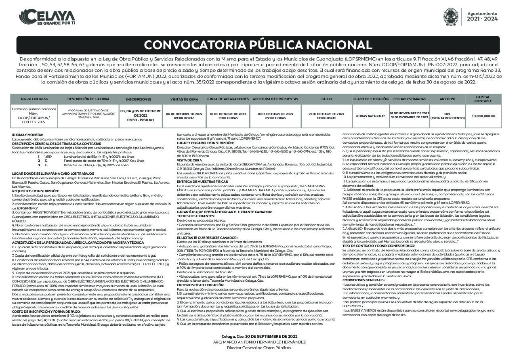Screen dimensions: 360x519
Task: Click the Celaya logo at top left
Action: (47, 17)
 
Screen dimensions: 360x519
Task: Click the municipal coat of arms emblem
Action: (451, 17)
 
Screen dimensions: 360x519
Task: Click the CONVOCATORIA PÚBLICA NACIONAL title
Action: (258, 45)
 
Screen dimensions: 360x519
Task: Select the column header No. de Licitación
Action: (34, 99)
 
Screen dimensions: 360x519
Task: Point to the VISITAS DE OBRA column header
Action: (184, 99)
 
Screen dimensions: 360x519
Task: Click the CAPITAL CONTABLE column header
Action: (483, 99)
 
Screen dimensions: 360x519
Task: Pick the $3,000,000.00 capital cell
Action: (483, 116)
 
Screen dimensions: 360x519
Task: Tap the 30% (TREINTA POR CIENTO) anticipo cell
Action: (447, 116)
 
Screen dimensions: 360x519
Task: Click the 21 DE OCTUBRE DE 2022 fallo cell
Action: (326, 116)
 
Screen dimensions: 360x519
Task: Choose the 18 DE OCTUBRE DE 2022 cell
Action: (275, 116)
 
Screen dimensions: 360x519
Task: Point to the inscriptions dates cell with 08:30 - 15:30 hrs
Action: (140, 115)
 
